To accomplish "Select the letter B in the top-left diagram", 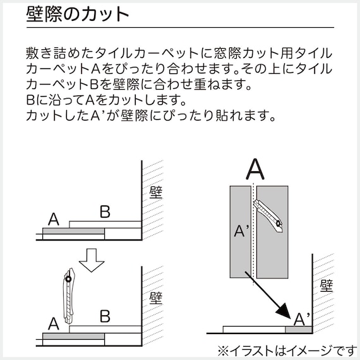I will coord(105,212).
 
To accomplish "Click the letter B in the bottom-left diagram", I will coord(105,316).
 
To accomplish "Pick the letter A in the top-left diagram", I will coord(54,220).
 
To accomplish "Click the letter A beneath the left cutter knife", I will coord(54,323).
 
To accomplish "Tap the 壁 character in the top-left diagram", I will coord(155,192).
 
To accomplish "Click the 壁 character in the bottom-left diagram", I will coord(155,296).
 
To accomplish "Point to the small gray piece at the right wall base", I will coord(298,330).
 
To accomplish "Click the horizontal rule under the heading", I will coord(180,28).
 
